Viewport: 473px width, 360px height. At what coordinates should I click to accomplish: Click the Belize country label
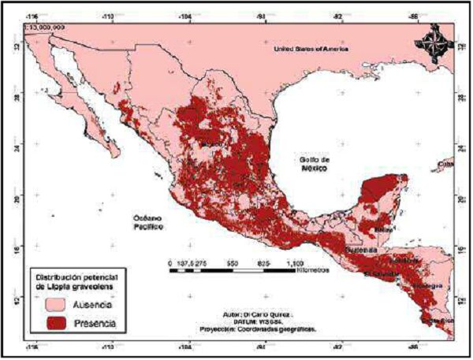click(x=384, y=229)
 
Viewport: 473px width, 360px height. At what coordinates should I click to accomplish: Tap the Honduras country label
click(x=403, y=259)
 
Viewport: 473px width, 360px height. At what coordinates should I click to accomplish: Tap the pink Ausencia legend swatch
click(x=50, y=304)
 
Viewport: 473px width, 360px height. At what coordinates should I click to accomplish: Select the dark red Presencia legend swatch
click(x=50, y=322)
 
